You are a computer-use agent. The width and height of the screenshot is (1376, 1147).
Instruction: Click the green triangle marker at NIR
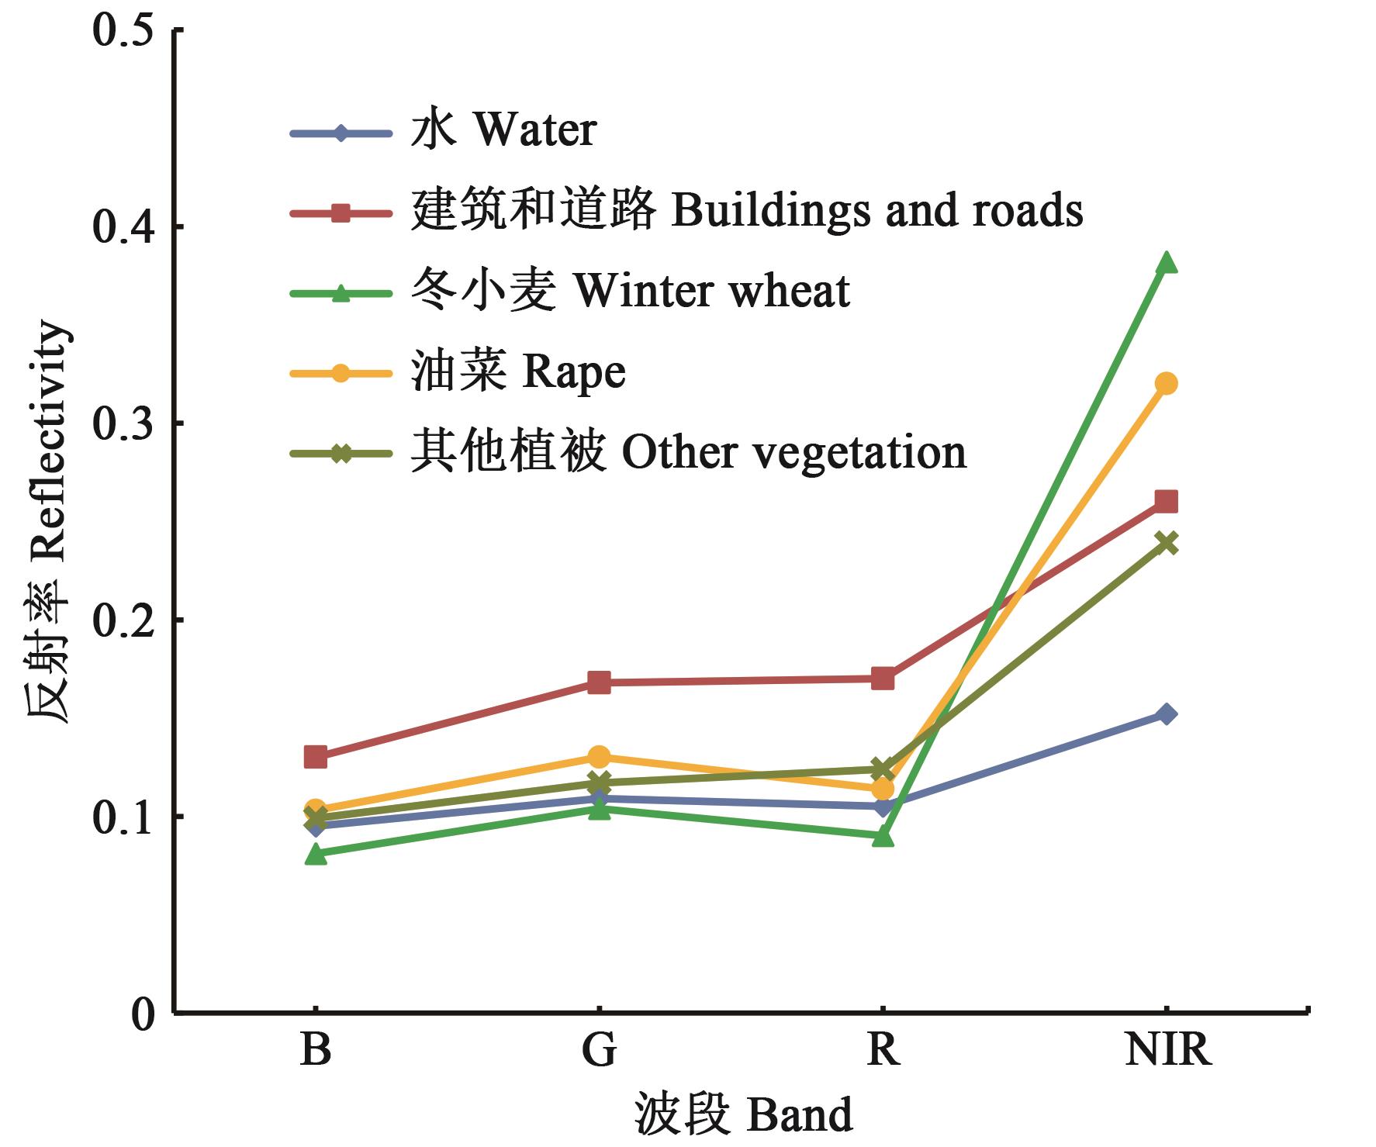[1166, 264]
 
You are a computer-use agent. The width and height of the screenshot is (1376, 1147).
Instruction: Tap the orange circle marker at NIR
[1166, 383]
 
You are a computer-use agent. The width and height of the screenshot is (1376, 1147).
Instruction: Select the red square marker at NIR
[1166, 502]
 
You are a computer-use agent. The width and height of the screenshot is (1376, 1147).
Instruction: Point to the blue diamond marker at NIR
[1166, 714]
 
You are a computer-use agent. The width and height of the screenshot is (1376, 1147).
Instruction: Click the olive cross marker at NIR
[1166, 542]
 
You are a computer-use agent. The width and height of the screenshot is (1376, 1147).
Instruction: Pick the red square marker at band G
[599, 682]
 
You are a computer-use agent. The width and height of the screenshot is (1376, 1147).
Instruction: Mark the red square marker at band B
[316, 757]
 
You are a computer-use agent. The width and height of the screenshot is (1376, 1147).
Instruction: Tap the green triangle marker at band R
[883, 838]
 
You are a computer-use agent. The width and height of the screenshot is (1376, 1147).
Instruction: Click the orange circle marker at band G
[599, 757]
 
